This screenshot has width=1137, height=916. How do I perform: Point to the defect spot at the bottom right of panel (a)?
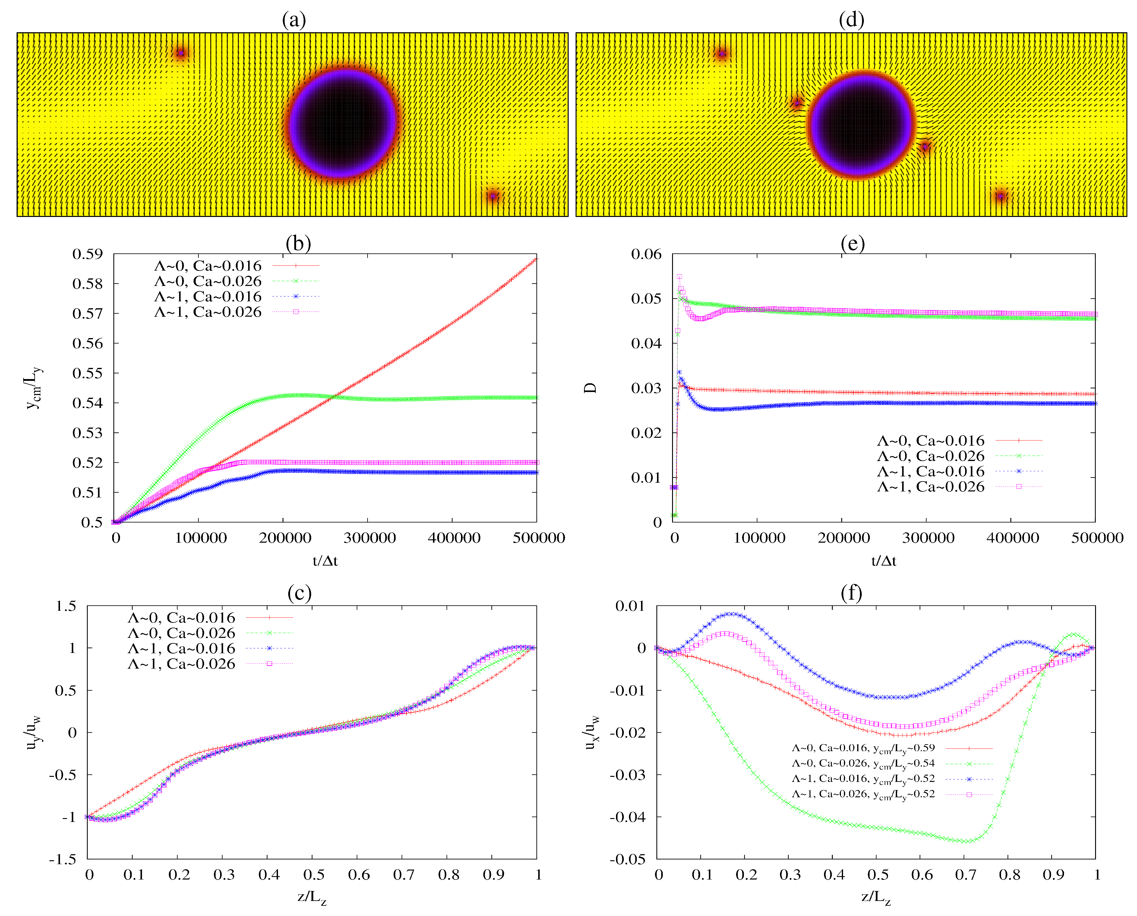pos(492,196)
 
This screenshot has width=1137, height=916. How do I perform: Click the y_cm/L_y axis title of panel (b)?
pos(34,388)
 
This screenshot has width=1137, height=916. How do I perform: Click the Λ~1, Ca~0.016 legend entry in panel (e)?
pos(930,471)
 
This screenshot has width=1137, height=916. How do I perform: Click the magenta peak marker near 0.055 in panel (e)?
pos(679,277)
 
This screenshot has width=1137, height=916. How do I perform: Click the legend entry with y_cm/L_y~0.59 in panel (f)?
pos(863,748)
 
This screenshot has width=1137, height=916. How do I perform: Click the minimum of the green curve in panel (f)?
pos(966,842)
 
